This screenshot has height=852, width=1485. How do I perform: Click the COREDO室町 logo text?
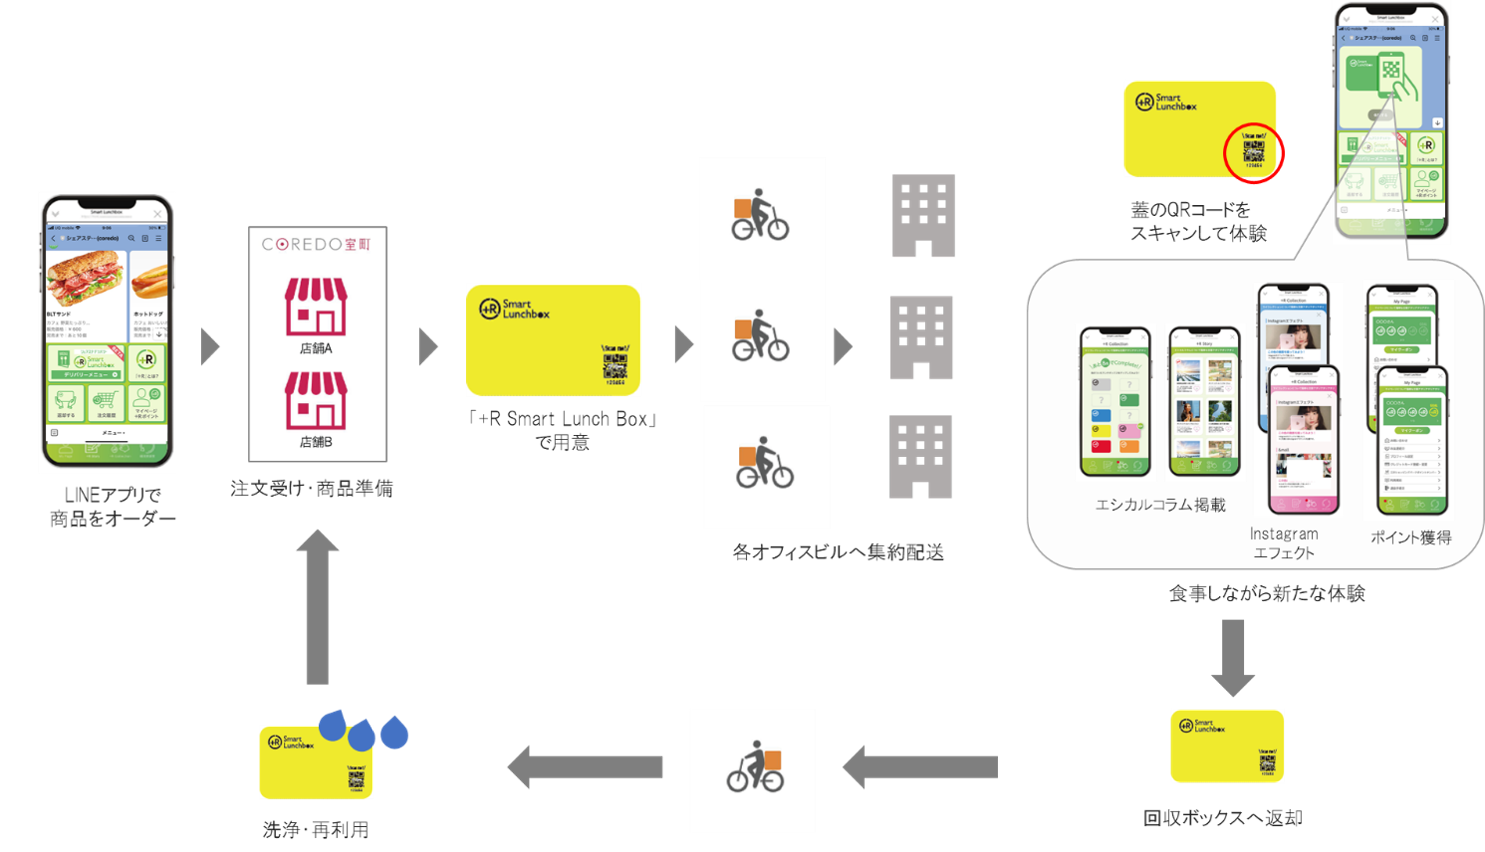point(316,244)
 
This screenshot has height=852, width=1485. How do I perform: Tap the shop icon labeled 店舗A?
point(316,307)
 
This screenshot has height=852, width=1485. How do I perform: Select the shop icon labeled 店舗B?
point(316,400)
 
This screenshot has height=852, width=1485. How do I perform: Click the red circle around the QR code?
point(1254,153)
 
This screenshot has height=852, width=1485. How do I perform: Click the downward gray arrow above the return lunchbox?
point(1233,657)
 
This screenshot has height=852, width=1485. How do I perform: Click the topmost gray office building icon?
point(923,216)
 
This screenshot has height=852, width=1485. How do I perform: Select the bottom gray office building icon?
point(921,457)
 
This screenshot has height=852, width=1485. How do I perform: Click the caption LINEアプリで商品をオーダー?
point(112,507)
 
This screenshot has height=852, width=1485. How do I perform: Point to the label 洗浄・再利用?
point(316,830)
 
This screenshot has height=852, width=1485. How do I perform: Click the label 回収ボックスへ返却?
point(1223,818)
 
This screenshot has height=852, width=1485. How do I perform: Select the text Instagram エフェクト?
point(1284,543)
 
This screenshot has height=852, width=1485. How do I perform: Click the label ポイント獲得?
point(1410,537)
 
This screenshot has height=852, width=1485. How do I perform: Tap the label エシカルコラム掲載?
point(1160,505)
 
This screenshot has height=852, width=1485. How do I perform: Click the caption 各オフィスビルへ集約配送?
point(838,552)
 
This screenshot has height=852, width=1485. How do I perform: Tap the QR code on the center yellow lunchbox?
point(614,365)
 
